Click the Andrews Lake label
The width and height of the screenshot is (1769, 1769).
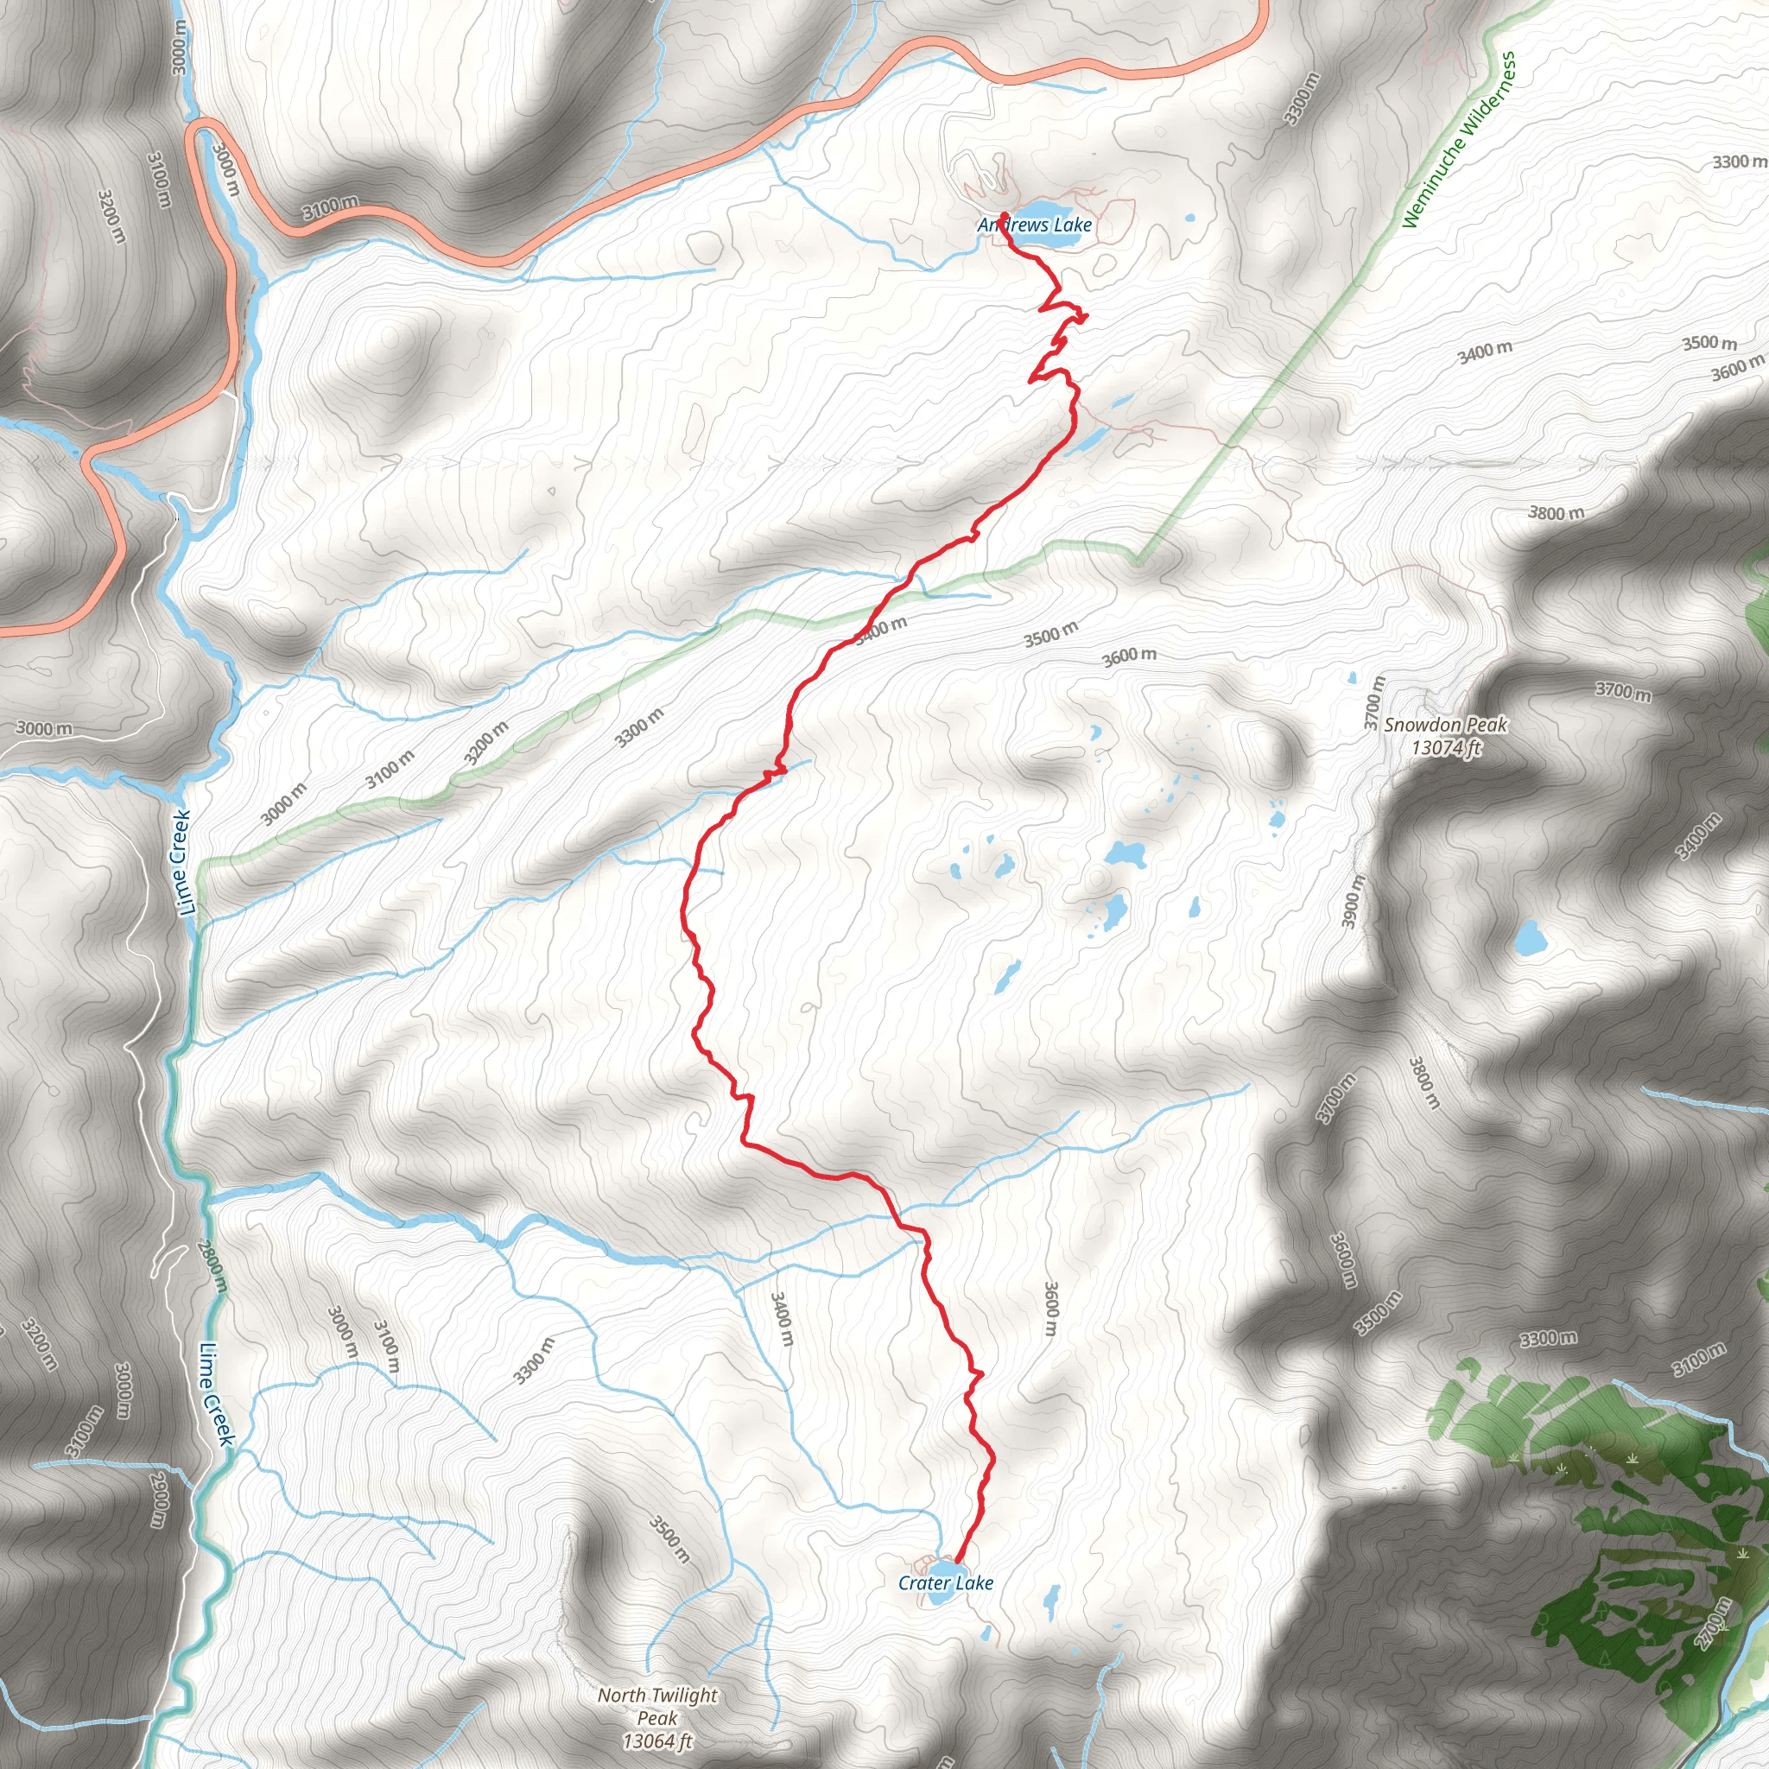click(x=1035, y=225)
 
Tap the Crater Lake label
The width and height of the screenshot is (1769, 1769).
click(x=945, y=1582)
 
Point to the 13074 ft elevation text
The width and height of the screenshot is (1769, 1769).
click(x=1446, y=748)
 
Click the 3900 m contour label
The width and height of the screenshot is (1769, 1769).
click(x=1354, y=901)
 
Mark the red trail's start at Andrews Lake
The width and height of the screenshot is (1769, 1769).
click(x=1005, y=215)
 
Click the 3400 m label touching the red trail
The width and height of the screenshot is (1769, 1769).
click(x=881, y=631)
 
